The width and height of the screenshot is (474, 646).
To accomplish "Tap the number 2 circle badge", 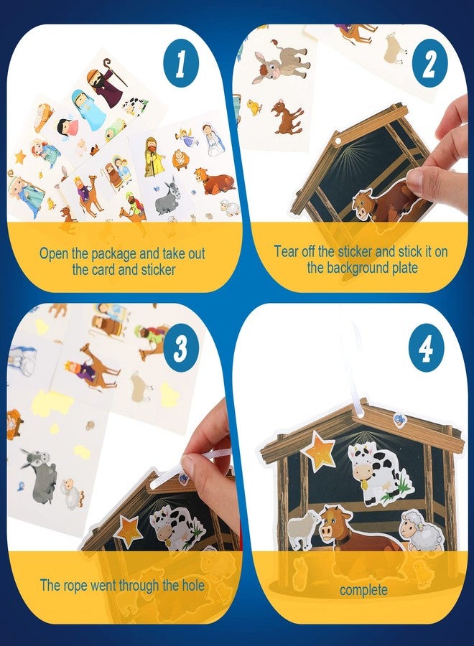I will (x=429, y=64).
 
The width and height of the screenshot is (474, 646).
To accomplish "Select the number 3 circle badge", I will (x=181, y=350).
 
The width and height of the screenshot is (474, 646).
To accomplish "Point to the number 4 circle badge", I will (x=427, y=350).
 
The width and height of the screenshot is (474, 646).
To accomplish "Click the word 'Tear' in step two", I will (x=288, y=251).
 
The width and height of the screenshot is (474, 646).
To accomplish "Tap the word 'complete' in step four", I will (x=363, y=590).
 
